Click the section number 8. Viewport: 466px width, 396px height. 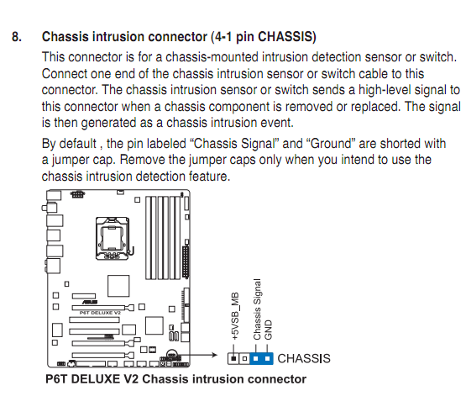tap(17, 37)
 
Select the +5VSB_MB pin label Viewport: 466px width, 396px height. tap(235, 316)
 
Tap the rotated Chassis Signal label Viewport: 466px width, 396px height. tap(257, 309)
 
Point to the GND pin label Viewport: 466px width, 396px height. tap(268, 330)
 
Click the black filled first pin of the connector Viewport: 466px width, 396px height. tap(234, 358)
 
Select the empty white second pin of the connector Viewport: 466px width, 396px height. tap(244, 358)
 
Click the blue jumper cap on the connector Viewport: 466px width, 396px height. tap(261, 358)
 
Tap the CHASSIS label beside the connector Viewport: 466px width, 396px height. tap(304, 358)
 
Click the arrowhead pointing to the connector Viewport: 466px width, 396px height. tap(215, 355)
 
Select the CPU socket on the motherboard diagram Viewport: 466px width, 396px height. tap(113, 238)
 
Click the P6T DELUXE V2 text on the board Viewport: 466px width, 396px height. tap(100, 313)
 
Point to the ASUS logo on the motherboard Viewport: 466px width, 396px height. tap(90, 302)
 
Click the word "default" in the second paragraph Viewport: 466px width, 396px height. tap(78, 144)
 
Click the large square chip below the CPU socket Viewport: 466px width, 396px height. tap(118, 286)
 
